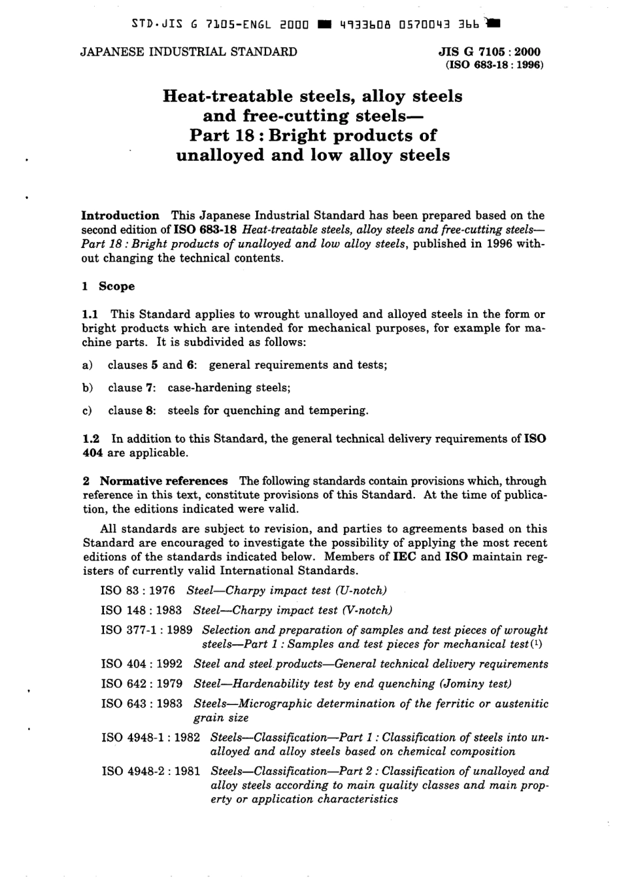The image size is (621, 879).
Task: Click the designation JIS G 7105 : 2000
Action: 490,52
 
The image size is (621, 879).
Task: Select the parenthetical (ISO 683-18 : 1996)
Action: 494,65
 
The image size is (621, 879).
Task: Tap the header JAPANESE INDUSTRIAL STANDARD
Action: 188,52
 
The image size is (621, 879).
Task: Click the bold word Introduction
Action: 120,215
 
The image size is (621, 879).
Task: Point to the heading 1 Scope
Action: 109,286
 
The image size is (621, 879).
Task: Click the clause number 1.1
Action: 90,314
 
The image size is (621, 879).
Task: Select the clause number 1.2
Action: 90,438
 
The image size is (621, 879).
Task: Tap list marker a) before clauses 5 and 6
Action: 88,365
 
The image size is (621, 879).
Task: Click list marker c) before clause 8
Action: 88,411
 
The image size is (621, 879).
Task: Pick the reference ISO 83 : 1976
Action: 138,591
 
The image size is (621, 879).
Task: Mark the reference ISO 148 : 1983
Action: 142,610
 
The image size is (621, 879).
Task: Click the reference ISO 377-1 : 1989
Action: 146,630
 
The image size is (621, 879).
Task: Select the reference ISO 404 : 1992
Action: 142,664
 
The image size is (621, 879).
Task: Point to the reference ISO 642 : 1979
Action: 142,683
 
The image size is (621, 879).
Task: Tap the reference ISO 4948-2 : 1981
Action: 150,771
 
